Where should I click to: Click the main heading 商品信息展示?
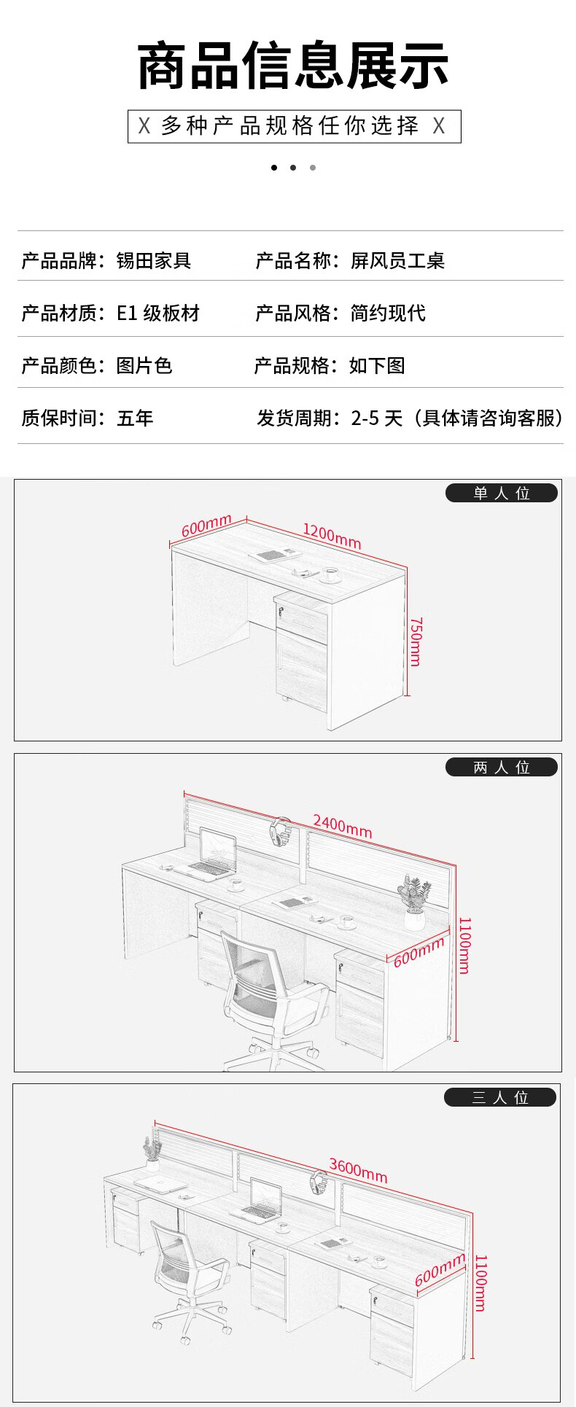(x=292, y=66)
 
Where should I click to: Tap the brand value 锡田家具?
(x=154, y=260)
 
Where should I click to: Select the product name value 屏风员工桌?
(x=397, y=260)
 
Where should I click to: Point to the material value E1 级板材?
(x=158, y=313)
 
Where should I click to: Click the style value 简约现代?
(x=388, y=313)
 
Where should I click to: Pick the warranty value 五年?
(x=135, y=418)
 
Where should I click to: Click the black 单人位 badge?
(x=502, y=493)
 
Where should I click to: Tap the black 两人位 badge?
(x=502, y=767)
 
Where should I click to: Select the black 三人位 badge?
(x=500, y=1097)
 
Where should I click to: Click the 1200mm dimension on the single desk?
(x=332, y=536)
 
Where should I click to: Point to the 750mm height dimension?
(x=416, y=642)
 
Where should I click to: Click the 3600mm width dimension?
(x=358, y=1170)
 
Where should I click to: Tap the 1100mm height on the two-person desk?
(x=464, y=946)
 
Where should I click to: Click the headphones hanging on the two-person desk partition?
(x=280, y=833)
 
